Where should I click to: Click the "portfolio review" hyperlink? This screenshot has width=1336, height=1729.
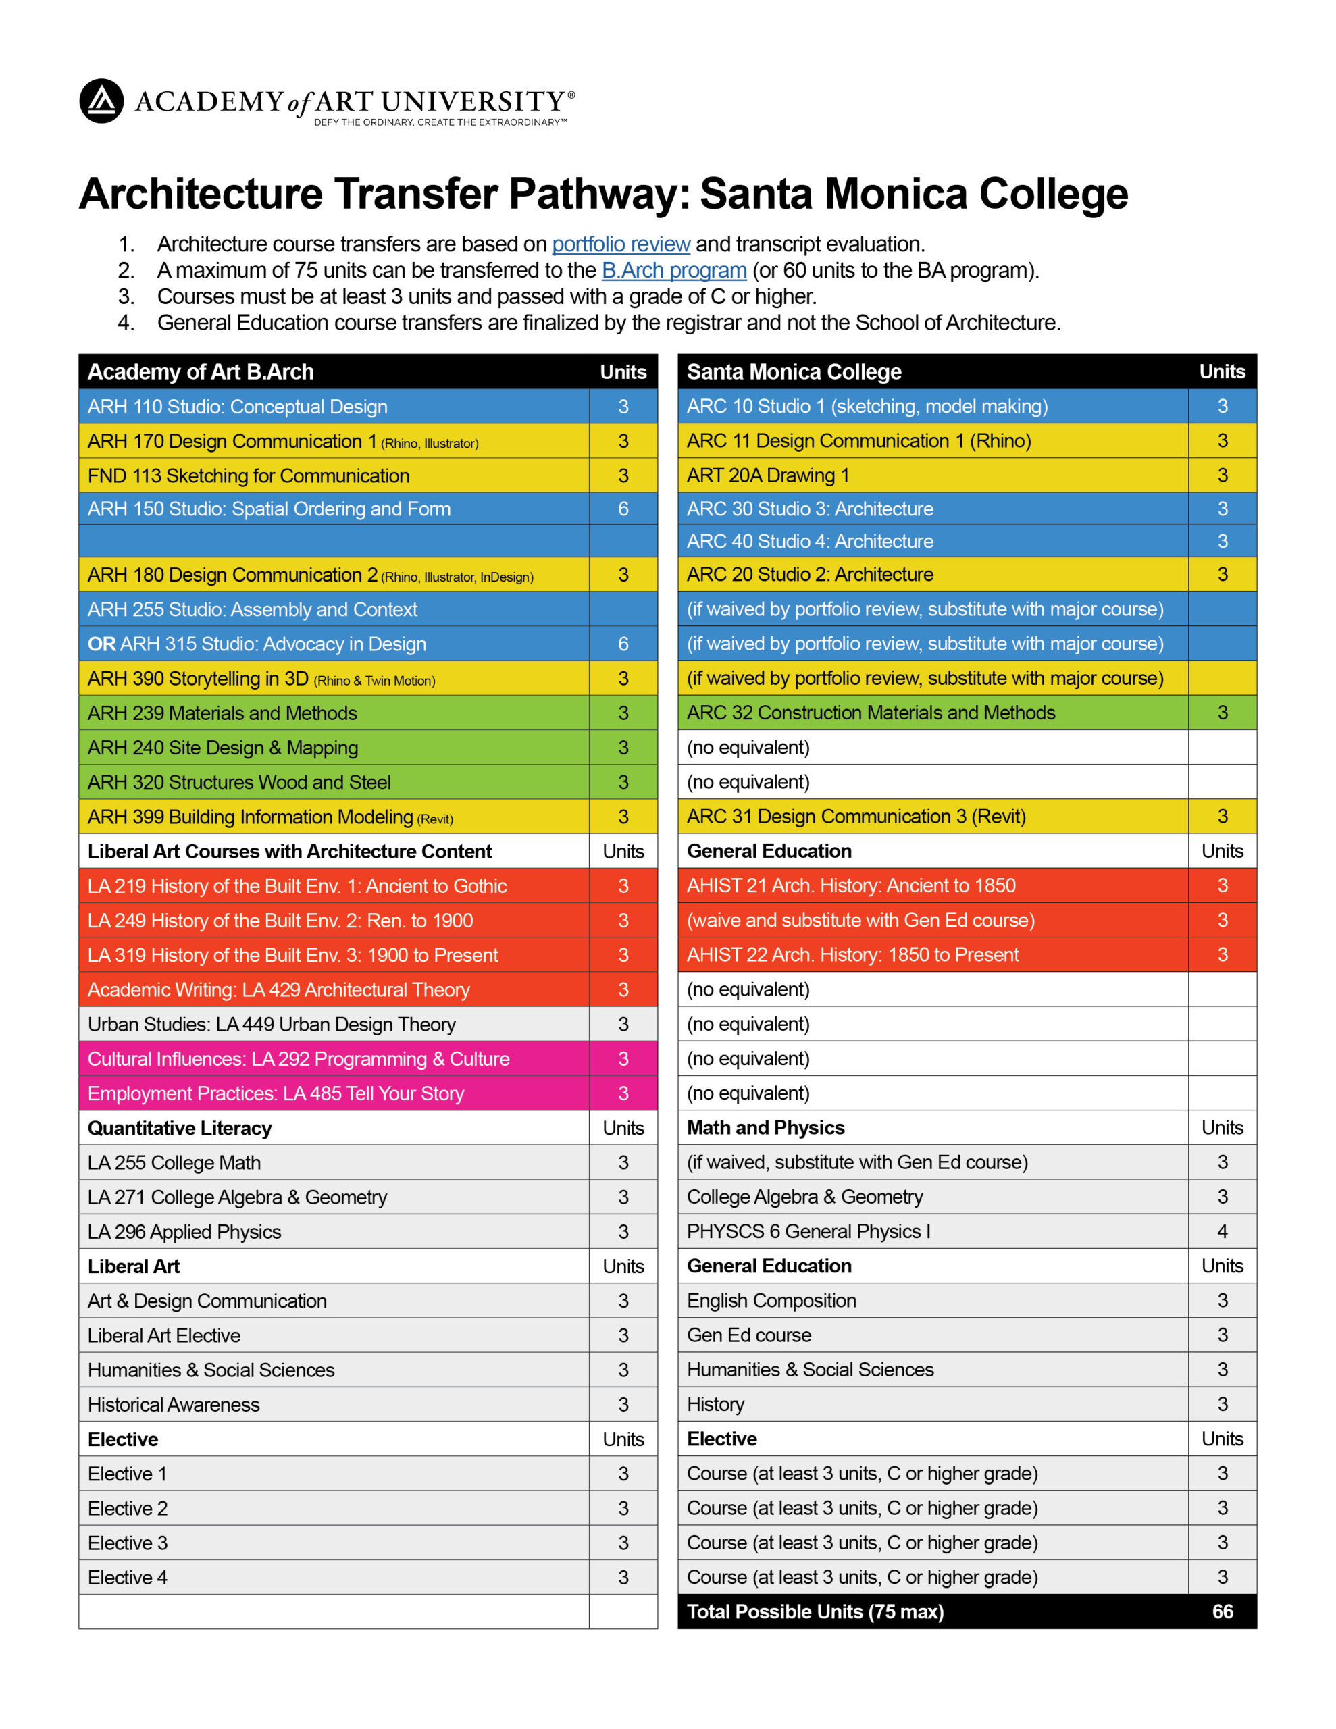pos(620,244)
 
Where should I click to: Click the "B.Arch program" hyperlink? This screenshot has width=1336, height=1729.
pos(673,270)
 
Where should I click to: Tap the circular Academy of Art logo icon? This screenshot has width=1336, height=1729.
pos(101,101)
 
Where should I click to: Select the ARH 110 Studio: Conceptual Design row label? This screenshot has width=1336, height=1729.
pos(237,406)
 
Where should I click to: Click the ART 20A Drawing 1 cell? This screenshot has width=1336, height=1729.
pos(767,475)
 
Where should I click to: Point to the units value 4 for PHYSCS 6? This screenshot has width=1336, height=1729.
pos(1222,1231)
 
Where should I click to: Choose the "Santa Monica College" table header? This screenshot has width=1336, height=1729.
pos(794,371)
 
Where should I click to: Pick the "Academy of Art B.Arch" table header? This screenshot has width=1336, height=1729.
pos(201,371)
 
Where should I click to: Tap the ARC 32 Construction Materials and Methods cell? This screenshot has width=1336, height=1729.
pos(871,713)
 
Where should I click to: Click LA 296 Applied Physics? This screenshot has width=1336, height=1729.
pos(184,1232)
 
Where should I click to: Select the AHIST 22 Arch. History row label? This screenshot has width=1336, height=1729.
pos(852,955)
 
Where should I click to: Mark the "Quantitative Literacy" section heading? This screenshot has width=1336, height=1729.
pos(179,1128)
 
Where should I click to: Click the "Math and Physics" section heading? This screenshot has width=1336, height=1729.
pos(765,1127)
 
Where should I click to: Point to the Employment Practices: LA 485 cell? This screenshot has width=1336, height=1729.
pos(275,1093)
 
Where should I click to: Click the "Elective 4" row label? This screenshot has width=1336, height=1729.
pos(127,1577)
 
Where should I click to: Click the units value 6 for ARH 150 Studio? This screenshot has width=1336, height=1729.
pos(623,509)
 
